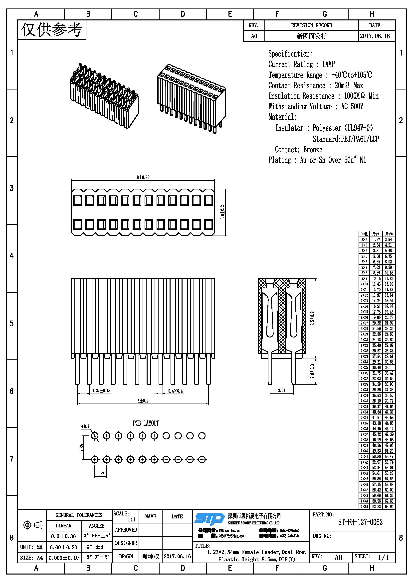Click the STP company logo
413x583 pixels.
coord(209,519)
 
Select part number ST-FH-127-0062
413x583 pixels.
coord(360,522)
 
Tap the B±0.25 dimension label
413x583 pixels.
coord(143,177)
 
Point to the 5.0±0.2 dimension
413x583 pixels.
coord(222,212)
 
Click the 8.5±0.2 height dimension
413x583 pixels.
coord(312,318)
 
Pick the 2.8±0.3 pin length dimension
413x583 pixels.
coord(312,371)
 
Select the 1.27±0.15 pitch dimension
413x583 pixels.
coord(101,391)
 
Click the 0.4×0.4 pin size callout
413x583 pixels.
coord(176,391)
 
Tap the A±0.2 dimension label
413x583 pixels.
coord(143,401)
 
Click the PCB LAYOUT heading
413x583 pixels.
coord(146,423)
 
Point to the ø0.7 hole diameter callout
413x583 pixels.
coord(85,426)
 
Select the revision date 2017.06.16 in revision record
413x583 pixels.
coord(375,36)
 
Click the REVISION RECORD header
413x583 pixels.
coord(312,25)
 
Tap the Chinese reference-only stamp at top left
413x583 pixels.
coord(52,30)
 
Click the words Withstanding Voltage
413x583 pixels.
coord(300,106)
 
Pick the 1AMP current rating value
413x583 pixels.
coord(328,64)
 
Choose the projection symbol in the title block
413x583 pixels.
coord(33,525)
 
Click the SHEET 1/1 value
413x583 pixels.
coord(383,557)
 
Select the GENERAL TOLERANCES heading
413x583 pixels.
coord(79,515)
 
